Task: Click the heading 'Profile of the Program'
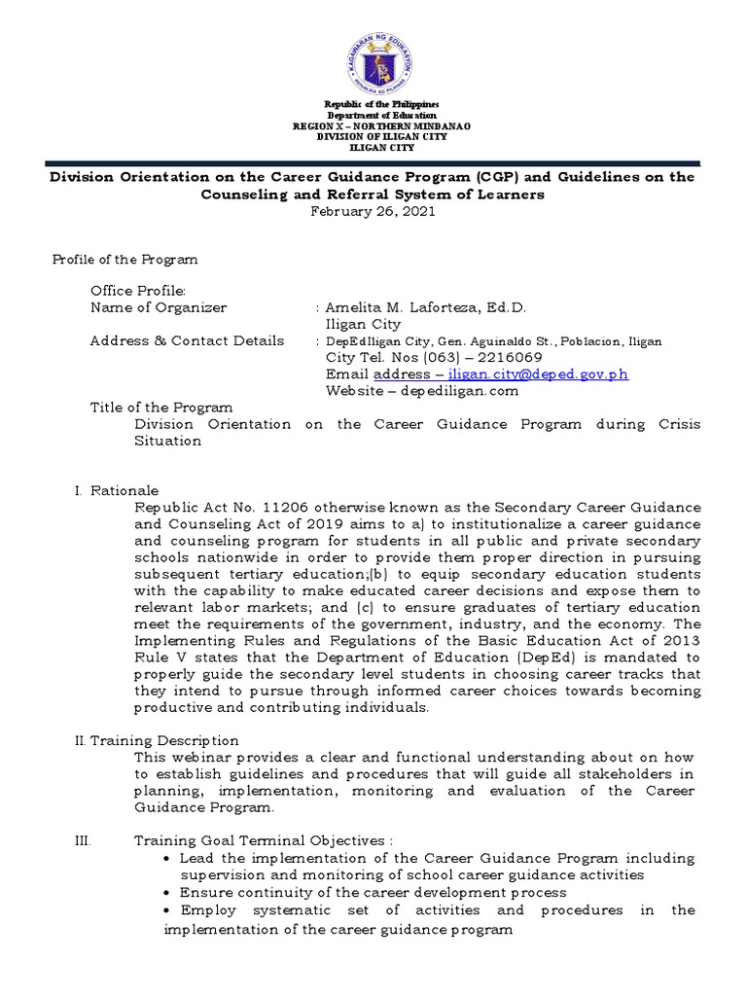(x=124, y=260)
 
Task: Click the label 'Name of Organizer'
(x=158, y=307)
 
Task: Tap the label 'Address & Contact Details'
(x=187, y=340)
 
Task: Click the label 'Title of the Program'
(x=161, y=408)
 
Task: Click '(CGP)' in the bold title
(x=500, y=177)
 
